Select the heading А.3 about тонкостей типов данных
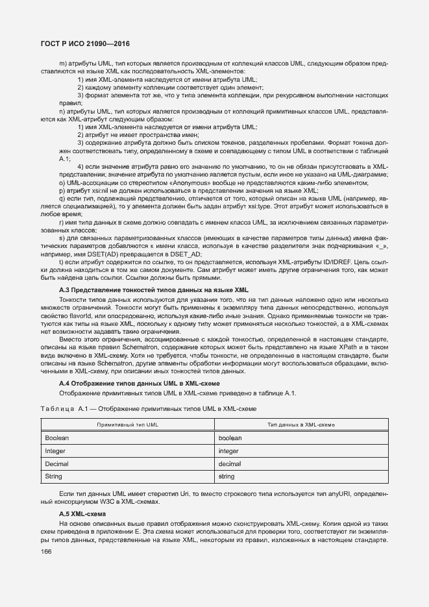(153, 289)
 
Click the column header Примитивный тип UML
(127, 424)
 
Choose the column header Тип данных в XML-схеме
(301, 424)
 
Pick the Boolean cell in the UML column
(57, 438)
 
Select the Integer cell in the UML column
(55, 451)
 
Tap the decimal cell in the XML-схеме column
(230, 464)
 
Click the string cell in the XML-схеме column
(227, 477)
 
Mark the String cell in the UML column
(53, 477)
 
